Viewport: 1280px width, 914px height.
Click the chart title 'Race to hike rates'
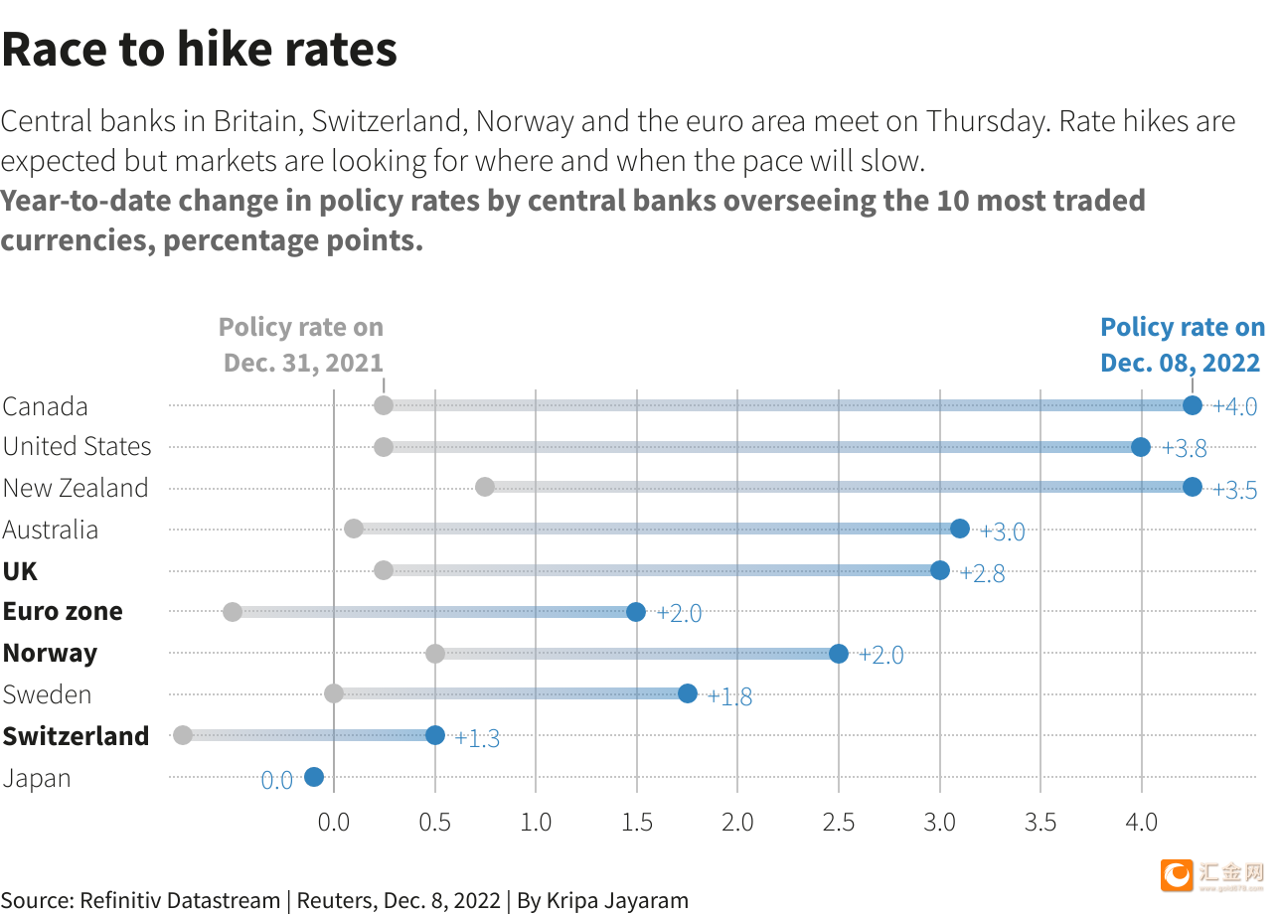199,50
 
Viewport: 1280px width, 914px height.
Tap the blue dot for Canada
1193,405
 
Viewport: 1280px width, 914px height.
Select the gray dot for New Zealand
485,487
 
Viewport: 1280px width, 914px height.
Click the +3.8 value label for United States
1185,448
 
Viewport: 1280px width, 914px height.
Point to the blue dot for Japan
314,777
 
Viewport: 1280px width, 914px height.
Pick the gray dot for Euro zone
233,612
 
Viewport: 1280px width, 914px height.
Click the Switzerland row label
76,736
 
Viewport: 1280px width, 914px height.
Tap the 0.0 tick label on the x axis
334,823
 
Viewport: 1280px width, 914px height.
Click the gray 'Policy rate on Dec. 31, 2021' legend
301,345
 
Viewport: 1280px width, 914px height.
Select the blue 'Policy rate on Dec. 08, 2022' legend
1183,345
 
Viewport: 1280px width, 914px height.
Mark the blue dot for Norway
839,654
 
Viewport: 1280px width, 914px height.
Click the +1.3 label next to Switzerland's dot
477,738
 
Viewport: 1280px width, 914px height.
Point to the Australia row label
51,530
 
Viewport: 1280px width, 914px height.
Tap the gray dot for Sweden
334,693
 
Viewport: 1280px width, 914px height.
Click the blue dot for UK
940,570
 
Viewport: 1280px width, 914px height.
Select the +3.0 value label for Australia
1002,532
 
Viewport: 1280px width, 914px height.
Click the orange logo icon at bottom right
1177,874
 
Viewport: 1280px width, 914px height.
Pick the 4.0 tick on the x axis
1141,823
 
